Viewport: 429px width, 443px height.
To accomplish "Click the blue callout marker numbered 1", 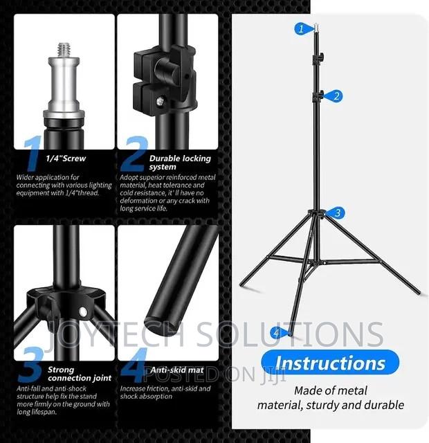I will point(300,29).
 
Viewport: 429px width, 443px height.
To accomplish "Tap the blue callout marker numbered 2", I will point(336,96).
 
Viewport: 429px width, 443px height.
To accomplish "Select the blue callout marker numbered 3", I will point(337,213).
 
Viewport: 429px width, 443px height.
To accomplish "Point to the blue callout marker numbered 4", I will point(276,333).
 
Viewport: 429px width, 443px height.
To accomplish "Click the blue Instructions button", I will point(330,362).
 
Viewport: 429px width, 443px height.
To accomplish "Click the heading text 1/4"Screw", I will point(66,159).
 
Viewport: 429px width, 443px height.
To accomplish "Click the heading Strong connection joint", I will point(80,374).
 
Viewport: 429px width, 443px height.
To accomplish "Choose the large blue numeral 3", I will point(30,368).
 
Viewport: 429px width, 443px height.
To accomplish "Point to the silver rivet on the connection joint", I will point(83,309).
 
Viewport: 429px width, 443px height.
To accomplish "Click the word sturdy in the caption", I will point(338,405).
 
